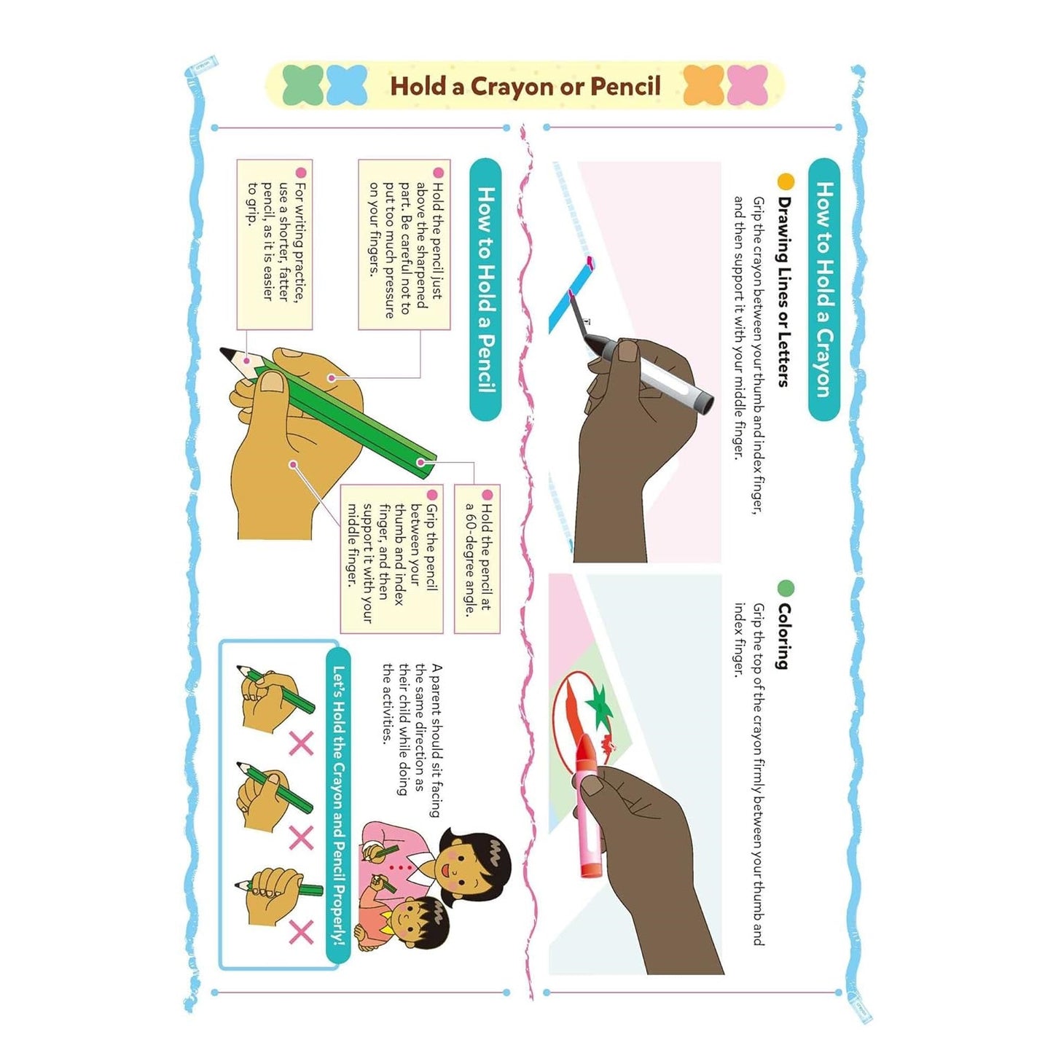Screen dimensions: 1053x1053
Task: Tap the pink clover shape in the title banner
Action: pos(747,85)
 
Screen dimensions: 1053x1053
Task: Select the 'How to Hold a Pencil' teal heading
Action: pos(486,289)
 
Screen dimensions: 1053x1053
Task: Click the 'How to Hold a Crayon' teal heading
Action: pos(824,289)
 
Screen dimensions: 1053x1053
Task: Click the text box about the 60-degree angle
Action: pos(477,558)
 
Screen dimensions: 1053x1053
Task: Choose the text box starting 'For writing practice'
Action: pos(274,244)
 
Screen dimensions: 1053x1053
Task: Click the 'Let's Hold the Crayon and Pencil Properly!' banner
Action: pos(339,808)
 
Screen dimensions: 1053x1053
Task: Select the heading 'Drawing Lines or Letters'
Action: pos(783,291)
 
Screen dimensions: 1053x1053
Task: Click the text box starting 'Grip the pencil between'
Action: pos(392,558)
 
